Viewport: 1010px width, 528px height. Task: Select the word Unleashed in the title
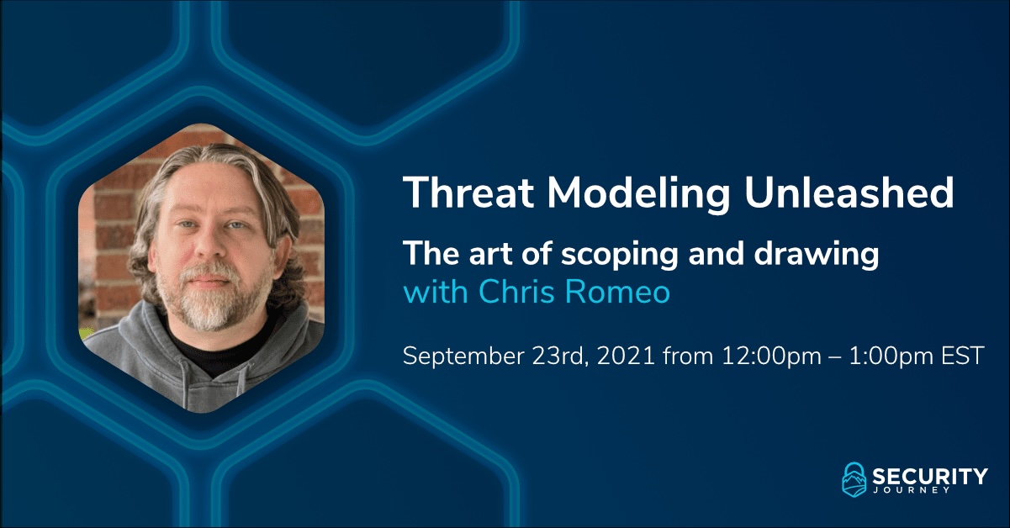pos(849,193)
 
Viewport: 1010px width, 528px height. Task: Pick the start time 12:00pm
pos(771,356)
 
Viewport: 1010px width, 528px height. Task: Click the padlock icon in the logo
pos(854,480)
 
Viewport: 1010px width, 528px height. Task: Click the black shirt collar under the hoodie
pos(198,356)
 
